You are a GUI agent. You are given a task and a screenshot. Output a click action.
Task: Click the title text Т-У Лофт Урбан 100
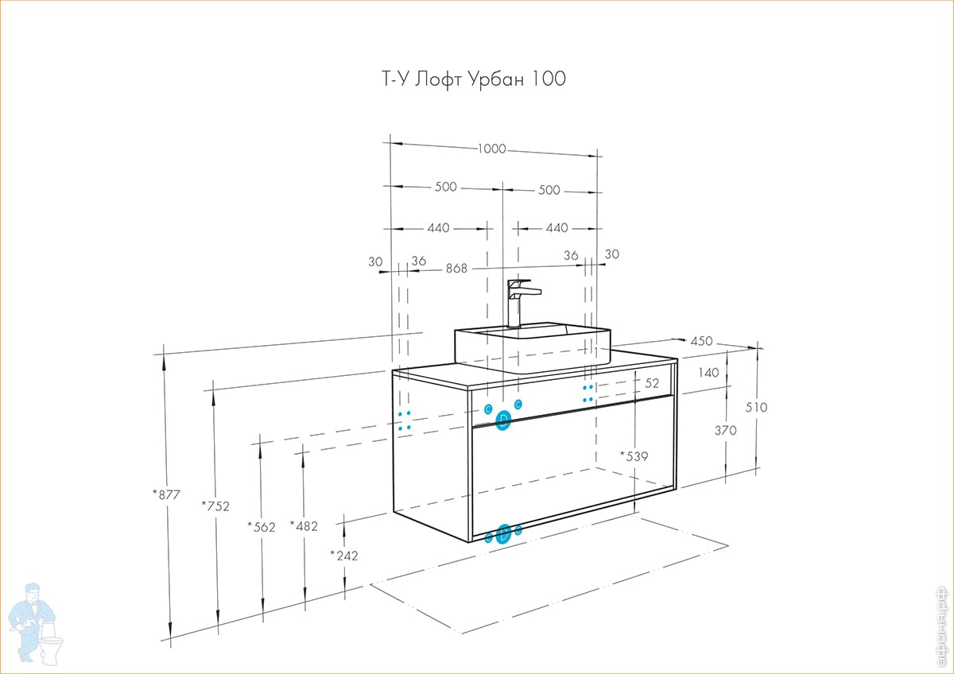coord(469,79)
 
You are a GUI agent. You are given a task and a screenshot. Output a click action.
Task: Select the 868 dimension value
coord(456,269)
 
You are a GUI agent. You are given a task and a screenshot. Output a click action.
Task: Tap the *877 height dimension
coord(167,494)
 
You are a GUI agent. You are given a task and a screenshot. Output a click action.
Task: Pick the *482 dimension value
coord(304,525)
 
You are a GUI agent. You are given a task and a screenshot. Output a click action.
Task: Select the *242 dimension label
coord(343,556)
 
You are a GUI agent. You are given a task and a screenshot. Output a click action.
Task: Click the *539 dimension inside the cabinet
coord(634,456)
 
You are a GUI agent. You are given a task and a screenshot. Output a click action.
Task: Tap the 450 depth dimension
coord(700,341)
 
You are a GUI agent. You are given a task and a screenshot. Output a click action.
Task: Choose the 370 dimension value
coord(725,430)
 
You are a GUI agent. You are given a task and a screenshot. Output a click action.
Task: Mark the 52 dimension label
coord(652,383)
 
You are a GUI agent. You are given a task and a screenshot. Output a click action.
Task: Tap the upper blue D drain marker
coord(503,420)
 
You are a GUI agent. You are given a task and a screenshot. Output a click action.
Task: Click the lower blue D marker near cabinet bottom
coord(503,534)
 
